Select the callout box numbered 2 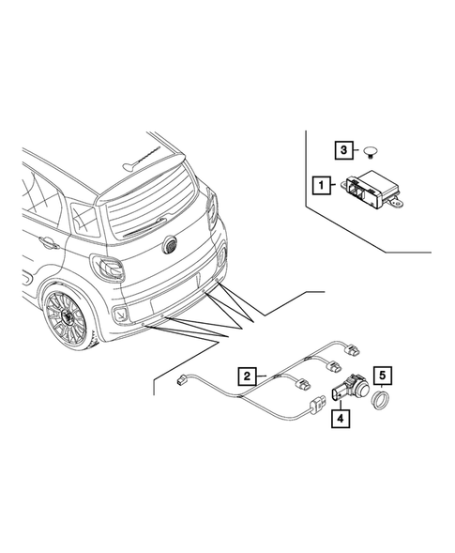[245, 376]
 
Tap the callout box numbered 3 [345, 149]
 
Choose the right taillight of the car [213, 208]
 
